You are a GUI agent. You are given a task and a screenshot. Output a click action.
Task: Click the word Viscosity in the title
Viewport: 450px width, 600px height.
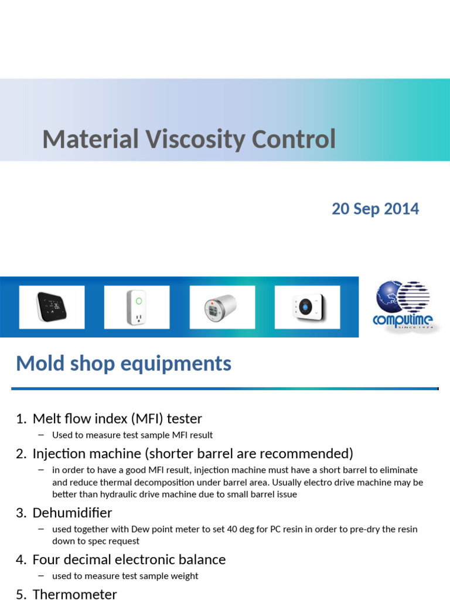point(195,139)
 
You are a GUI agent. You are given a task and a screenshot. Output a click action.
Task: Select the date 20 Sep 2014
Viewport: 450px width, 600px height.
point(375,209)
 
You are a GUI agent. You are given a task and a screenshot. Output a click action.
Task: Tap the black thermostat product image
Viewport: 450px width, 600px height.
point(52,307)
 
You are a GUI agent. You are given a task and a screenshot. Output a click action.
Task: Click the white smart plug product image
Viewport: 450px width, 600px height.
point(137,307)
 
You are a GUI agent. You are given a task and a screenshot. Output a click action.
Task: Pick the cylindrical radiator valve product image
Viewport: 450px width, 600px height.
point(222,307)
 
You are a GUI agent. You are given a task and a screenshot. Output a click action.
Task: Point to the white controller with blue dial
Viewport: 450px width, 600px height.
point(307,307)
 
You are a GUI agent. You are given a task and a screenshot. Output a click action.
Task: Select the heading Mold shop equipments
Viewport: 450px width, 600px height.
point(124,363)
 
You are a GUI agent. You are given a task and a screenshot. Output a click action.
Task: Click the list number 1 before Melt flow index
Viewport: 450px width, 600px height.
point(21,419)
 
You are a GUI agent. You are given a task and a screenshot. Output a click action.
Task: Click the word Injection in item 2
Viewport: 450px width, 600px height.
point(57,454)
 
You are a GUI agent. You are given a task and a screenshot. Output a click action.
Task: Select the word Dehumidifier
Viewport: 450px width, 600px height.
point(72,513)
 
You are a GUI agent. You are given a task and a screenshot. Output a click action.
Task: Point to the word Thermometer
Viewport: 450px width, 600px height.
point(74,594)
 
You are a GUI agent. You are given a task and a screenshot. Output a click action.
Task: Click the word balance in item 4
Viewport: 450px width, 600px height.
point(203,560)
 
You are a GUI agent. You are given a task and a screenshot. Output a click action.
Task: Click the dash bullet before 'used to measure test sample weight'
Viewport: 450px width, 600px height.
point(40,575)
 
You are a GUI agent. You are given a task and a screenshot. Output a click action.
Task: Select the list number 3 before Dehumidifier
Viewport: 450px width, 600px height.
point(21,513)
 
